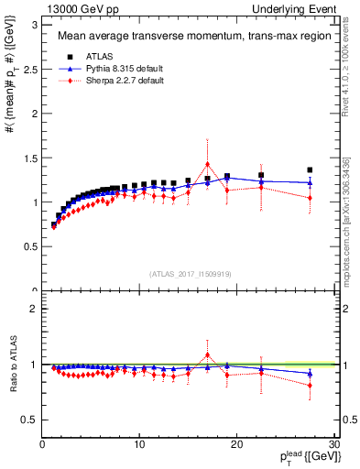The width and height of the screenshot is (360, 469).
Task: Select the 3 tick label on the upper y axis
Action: click(32, 24)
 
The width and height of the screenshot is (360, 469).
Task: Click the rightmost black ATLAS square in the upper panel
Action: click(310, 169)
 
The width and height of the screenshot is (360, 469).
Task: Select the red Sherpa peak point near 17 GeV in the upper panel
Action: click(208, 165)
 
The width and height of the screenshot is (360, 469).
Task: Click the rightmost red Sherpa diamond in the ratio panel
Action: click(310, 385)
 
